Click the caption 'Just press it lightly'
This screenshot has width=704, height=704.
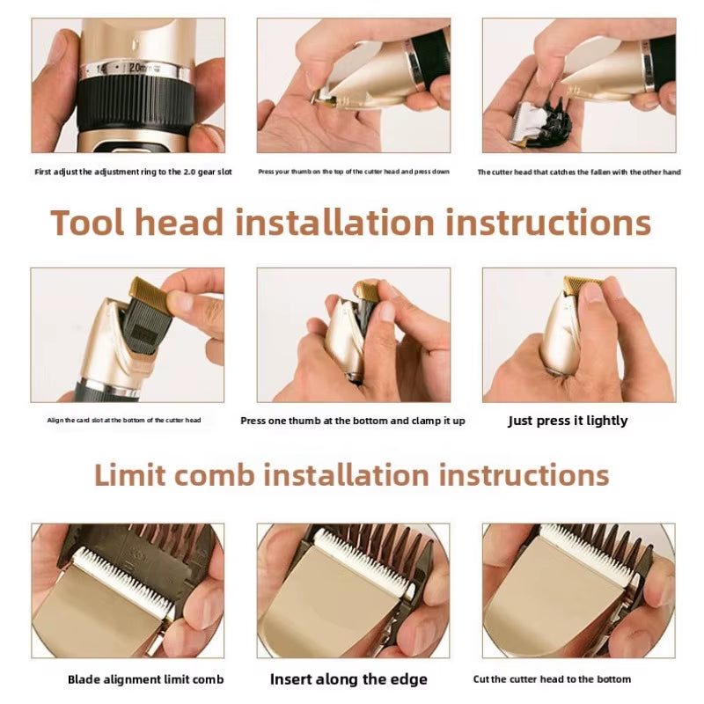click(568, 421)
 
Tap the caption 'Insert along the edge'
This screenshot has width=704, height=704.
click(348, 678)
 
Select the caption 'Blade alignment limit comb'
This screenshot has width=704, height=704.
click(145, 679)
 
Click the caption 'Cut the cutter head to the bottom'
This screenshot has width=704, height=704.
click(552, 678)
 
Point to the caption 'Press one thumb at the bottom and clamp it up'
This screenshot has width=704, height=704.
click(353, 421)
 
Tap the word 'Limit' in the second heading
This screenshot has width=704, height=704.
click(129, 475)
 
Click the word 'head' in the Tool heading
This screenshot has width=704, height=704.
click(180, 223)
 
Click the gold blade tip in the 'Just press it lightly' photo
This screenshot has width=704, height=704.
click(581, 285)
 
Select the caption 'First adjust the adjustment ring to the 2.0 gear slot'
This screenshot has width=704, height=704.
click(134, 172)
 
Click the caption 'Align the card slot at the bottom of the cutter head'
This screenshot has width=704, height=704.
click(124, 421)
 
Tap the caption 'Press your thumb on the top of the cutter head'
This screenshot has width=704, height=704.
click(354, 172)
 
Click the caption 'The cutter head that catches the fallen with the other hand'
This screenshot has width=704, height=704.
click(579, 172)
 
